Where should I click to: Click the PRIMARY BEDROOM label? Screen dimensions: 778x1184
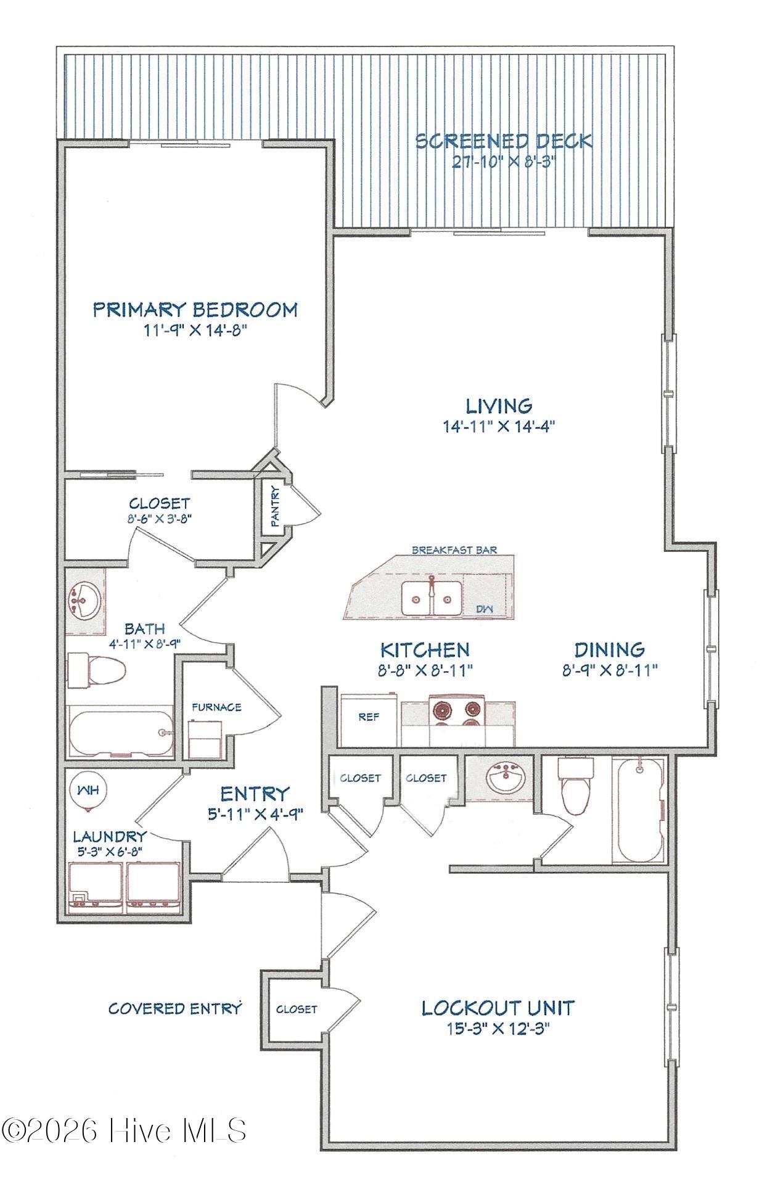click(x=195, y=309)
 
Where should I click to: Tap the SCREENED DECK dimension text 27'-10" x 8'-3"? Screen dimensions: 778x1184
click(x=503, y=163)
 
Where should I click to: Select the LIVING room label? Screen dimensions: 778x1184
click(x=499, y=406)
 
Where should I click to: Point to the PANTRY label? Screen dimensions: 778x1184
click(x=275, y=506)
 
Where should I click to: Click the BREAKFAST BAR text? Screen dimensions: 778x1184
click(x=454, y=549)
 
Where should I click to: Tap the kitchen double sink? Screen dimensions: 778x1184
click(x=432, y=598)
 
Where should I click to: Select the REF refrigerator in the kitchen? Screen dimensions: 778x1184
click(x=368, y=720)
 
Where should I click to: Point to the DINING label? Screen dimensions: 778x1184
click(x=610, y=649)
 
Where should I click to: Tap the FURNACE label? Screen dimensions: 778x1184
click(x=216, y=707)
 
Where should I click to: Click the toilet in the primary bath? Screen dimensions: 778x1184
click(x=96, y=670)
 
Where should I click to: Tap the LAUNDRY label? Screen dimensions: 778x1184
click(x=110, y=837)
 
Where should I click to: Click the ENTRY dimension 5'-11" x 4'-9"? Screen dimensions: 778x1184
click(x=255, y=814)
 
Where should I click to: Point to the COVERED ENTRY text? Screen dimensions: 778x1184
click(x=174, y=1009)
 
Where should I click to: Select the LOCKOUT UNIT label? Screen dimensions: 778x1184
click(x=498, y=1008)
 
